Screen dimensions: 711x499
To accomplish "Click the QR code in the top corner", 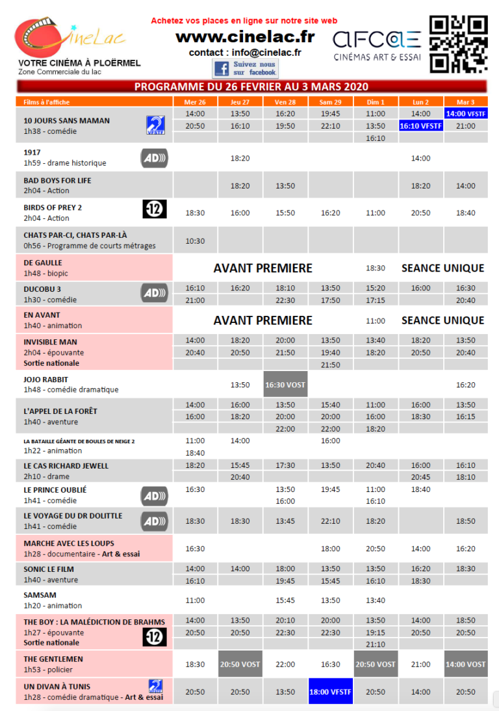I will click(458, 44).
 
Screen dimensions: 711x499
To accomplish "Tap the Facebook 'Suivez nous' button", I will click(245, 68).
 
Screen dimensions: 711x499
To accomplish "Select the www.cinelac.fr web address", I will click(245, 37).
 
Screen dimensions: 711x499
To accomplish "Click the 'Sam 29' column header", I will click(330, 102).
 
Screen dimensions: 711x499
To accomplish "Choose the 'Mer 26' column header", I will click(195, 102).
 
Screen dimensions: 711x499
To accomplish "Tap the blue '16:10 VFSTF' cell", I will click(420, 126).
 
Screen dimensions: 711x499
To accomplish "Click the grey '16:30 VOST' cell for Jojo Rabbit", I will click(285, 385).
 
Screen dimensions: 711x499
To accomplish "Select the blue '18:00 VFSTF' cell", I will click(330, 692).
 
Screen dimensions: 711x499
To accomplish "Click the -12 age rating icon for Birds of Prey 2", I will click(155, 209).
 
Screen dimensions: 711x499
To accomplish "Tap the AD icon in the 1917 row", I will click(155, 158).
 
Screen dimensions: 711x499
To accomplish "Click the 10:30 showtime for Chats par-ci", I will click(195, 241).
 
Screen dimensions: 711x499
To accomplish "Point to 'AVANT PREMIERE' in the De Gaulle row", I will click(262, 268).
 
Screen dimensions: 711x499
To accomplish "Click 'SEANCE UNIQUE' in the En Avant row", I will click(442, 320).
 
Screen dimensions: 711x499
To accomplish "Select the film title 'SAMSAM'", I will click(40, 595).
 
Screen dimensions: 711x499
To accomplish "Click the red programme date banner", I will click(251, 86).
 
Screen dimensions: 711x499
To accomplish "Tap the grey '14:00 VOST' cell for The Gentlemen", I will click(465, 664).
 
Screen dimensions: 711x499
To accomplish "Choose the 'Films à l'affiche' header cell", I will click(47, 102).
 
